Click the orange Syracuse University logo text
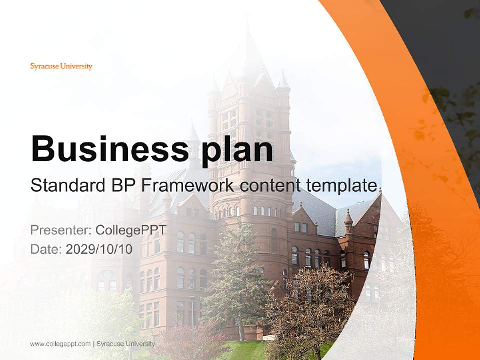pyautogui.click(x=61, y=66)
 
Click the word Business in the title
pyautogui.click(x=107, y=149)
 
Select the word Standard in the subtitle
pyautogui.click(x=65, y=185)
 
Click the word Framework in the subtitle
pyautogui.click(x=187, y=185)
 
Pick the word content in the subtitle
pyautogui.click(x=269, y=185)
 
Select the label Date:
pyautogui.click(x=46, y=249)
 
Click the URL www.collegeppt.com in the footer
pyautogui.click(x=60, y=344)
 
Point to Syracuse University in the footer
pyautogui.click(x=125, y=344)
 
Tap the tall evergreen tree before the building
pyautogui.click(x=235, y=280)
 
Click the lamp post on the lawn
pyautogui.click(x=192, y=310)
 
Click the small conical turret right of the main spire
pyautogui.click(x=283, y=82)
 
